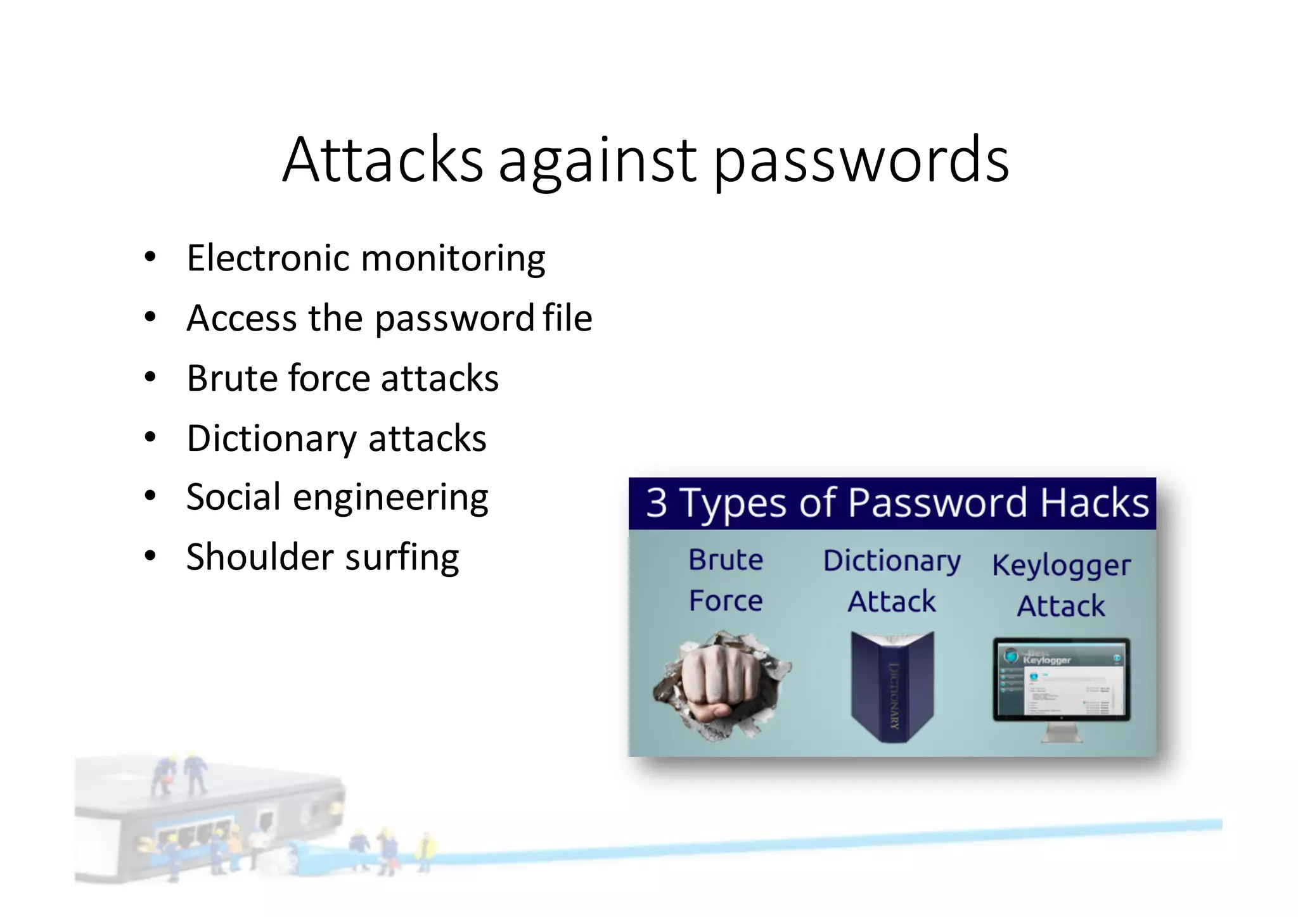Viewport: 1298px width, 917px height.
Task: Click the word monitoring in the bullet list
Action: pos(453,260)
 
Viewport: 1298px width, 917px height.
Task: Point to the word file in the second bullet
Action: pos(567,318)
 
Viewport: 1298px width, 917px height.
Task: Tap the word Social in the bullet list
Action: pos(234,497)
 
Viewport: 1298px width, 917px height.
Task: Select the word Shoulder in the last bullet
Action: pos(260,557)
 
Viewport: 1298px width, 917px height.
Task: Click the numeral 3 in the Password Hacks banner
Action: pos(657,503)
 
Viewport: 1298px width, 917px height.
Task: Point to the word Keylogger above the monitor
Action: pos(1061,566)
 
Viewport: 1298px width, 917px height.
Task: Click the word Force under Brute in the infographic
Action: pos(726,601)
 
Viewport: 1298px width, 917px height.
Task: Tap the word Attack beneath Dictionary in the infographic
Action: pos(892,602)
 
